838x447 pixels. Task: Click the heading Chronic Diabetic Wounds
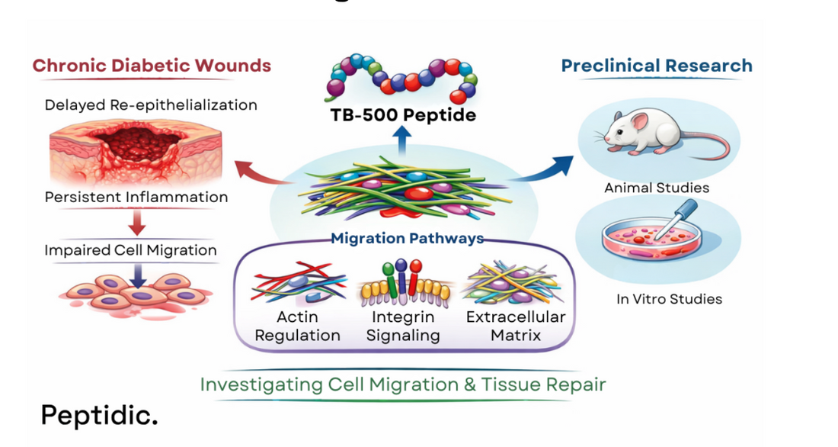click(152, 66)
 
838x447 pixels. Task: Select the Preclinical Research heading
click(657, 66)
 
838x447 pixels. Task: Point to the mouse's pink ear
click(638, 121)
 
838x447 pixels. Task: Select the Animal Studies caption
click(657, 188)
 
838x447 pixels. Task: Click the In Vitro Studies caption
click(669, 299)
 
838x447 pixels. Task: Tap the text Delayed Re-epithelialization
click(150, 105)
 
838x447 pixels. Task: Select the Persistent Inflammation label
click(136, 197)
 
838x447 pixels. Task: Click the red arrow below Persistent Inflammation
click(138, 222)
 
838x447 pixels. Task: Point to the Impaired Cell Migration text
click(130, 250)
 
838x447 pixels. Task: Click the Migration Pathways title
click(408, 238)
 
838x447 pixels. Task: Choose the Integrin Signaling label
click(403, 326)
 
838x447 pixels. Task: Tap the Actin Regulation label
click(297, 326)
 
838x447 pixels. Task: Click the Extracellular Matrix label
click(516, 326)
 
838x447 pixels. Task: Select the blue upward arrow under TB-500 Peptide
click(404, 141)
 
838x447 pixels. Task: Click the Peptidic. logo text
click(99, 415)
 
